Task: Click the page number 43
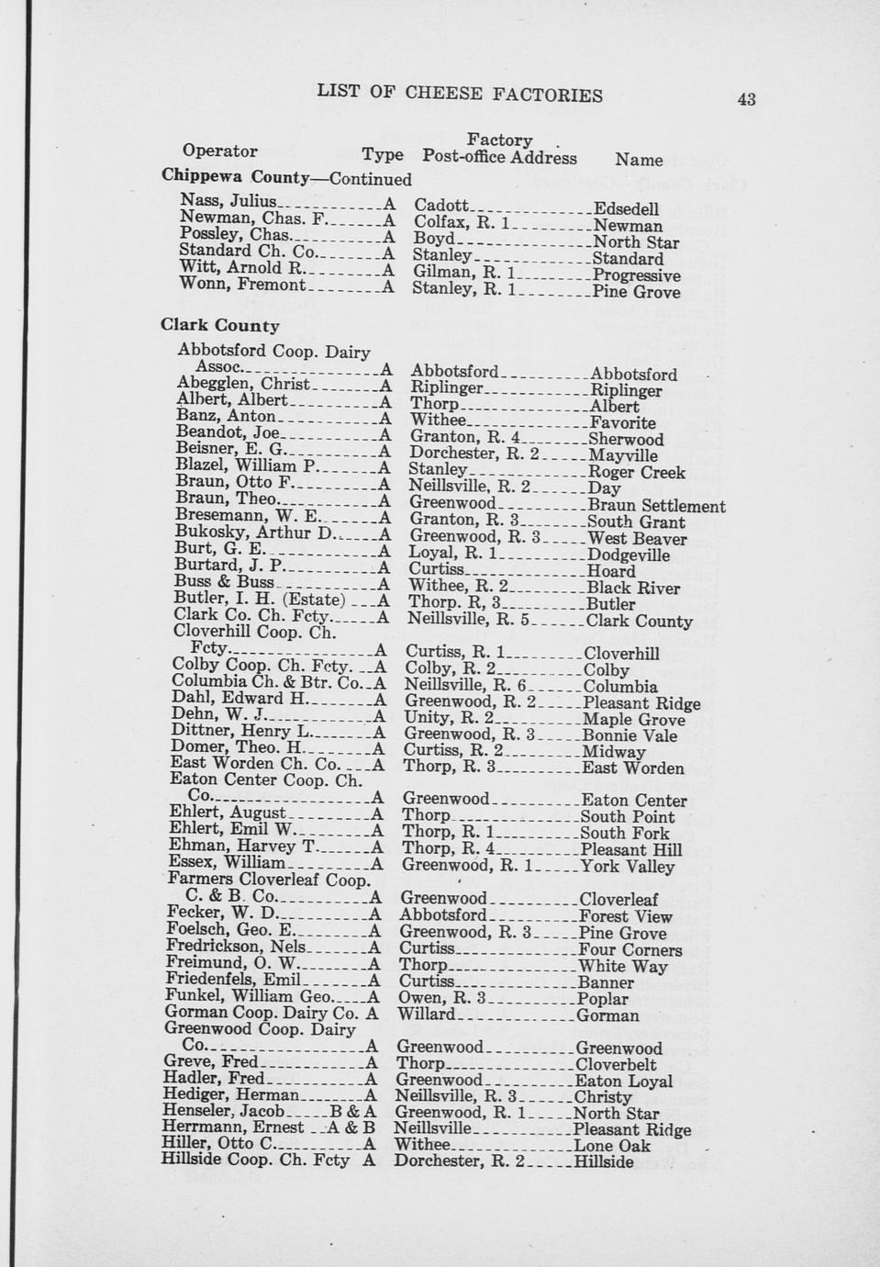coord(745,99)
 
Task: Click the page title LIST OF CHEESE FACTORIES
coord(460,94)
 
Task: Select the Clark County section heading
coord(220,326)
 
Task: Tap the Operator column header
coord(219,151)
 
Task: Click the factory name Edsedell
coord(626,209)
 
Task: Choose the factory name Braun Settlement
coord(656,506)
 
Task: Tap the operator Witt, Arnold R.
coord(240,268)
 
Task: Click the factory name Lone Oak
coord(612,1146)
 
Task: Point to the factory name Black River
coord(633,589)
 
